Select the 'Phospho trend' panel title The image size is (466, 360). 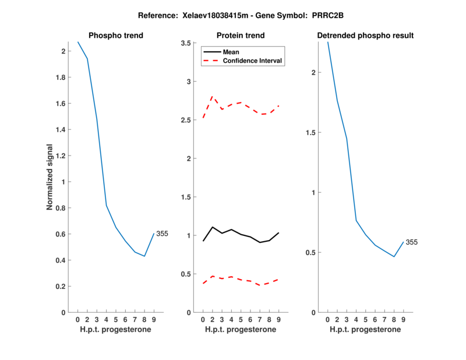click(x=116, y=36)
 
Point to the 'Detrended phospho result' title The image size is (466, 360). click(x=365, y=36)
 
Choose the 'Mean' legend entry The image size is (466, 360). click(x=231, y=52)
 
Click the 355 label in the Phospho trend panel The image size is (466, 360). click(x=162, y=234)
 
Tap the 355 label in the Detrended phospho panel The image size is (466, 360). click(x=412, y=242)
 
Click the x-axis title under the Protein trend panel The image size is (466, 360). click(x=241, y=330)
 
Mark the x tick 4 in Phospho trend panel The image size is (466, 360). click(x=107, y=319)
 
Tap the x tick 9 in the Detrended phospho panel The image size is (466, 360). click(x=403, y=319)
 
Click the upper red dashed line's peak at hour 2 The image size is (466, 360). click(x=212, y=97)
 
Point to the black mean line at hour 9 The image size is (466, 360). click(x=278, y=233)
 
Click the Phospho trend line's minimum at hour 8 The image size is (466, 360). click(x=144, y=256)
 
